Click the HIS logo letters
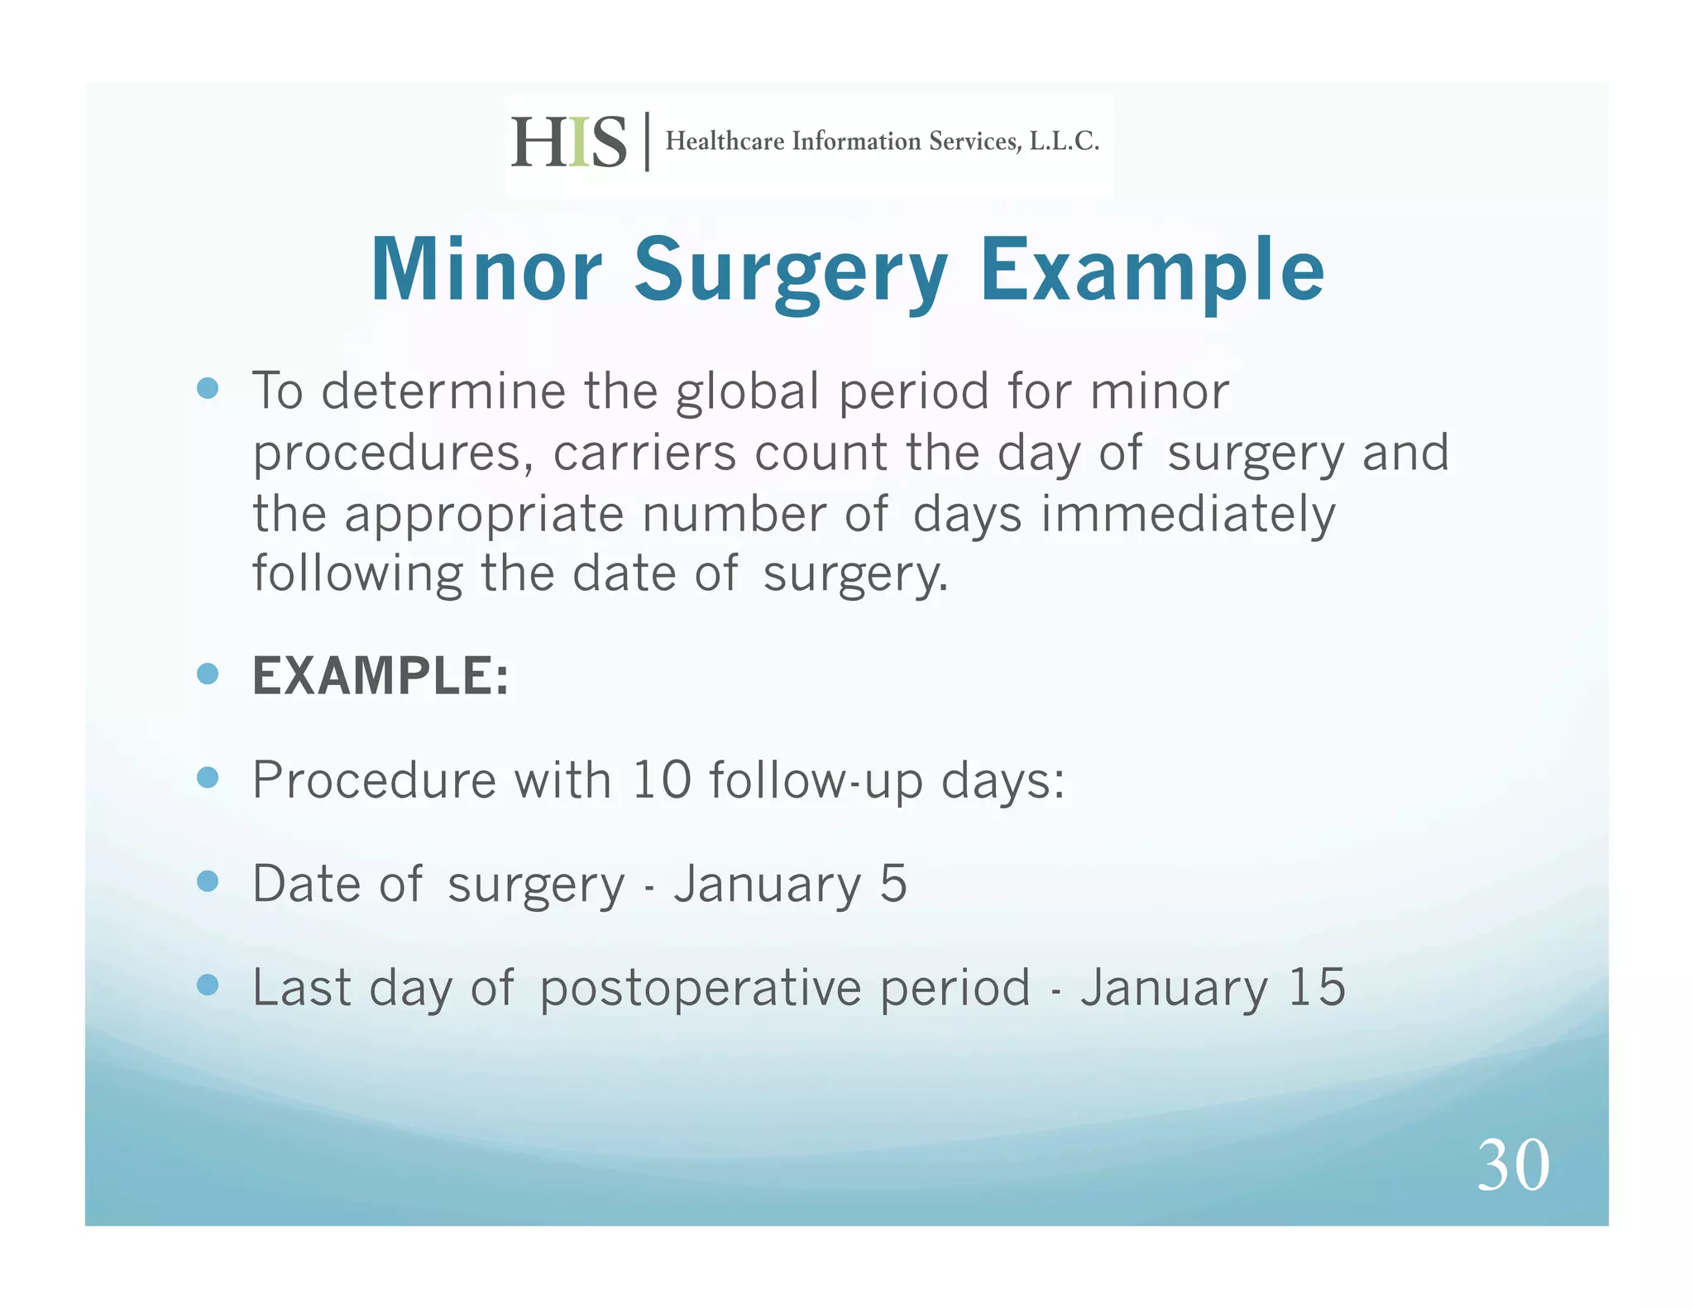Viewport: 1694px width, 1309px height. click(x=568, y=142)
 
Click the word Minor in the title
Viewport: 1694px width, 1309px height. click(x=486, y=271)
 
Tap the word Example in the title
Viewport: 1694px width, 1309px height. click(x=1151, y=271)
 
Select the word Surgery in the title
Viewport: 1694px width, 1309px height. click(x=790, y=271)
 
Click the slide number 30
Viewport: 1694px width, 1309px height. click(x=1513, y=1165)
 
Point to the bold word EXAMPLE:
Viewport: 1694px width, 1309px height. click(x=380, y=676)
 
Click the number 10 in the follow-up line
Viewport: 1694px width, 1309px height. click(x=661, y=779)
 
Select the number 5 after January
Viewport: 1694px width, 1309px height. click(x=893, y=883)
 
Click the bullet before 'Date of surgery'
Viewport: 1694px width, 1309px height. click(x=208, y=881)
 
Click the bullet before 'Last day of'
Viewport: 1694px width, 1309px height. click(x=208, y=985)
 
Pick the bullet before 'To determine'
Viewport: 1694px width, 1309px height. click(x=208, y=388)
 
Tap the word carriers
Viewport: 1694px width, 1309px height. click(x=644, y=453)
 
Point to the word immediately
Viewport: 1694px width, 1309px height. click(x=1188, y=515)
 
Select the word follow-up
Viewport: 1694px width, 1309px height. click(x=816, y=781)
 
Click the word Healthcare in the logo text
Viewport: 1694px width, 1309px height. click(x=725, y=141)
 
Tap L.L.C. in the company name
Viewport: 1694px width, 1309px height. click(x=1064, y=141)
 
